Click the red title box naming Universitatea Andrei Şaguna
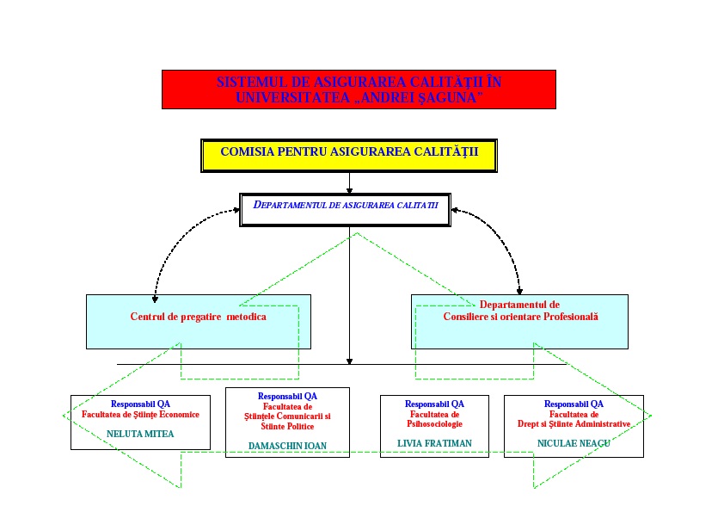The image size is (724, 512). point(359,89)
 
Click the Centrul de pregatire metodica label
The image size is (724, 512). point(199,317)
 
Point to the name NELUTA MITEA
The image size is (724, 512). point(140,434)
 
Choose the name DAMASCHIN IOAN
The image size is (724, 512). point(287,445)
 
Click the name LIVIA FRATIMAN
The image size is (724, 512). point(434,443)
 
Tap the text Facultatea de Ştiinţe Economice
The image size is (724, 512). point(140,414)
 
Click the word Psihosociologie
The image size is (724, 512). point(434,423)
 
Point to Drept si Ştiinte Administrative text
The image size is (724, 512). point(574,423)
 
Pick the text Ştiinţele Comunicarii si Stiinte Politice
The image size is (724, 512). point(287,421)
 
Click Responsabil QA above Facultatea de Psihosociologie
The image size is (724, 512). point(434,404)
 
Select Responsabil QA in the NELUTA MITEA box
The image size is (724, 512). point(140,404)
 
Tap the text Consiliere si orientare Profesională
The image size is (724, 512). point(520,316)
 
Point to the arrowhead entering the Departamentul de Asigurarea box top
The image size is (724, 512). point(349,191)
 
